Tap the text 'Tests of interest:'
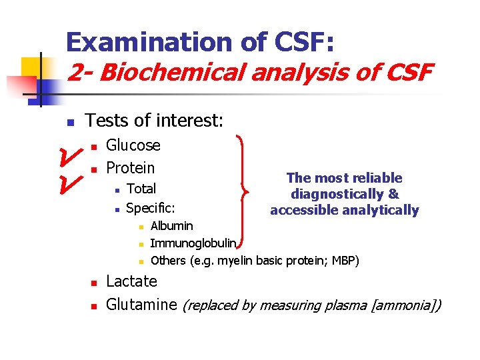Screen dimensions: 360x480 (154, 121)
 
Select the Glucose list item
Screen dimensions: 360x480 (133, 145)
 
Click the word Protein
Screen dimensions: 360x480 (131, 168)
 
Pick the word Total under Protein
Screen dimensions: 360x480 (141, 189)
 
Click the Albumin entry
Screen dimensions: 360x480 (172, 226)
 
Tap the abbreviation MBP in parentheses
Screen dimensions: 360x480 (343, 260)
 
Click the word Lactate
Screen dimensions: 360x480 (132, 281)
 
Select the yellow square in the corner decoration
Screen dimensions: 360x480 (31, 67)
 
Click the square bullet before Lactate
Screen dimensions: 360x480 (95, 283)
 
